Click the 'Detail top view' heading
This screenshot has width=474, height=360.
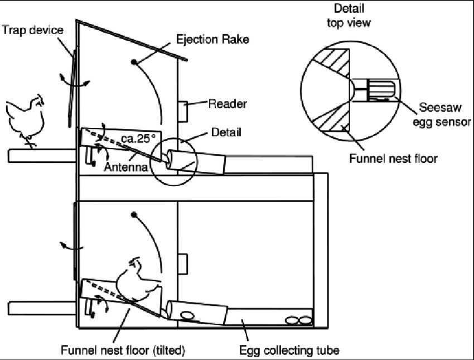point(349,16)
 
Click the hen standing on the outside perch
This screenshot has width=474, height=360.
point(24,117)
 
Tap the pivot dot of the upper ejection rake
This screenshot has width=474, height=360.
point(133,61)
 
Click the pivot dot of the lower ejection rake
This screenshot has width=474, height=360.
point(134,214)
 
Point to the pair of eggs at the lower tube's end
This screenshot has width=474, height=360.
point(298,320)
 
